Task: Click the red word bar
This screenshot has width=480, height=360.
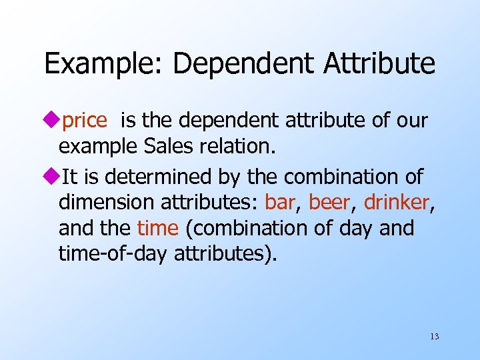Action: pos(280,203)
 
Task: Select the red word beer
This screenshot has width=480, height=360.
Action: pos(329,203)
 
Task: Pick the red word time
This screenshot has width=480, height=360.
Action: pos(158,229)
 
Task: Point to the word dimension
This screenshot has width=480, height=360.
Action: pos(106,203)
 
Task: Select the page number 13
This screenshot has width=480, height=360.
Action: pos(435,337)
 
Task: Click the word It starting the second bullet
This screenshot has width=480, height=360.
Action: pos(67,177)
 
